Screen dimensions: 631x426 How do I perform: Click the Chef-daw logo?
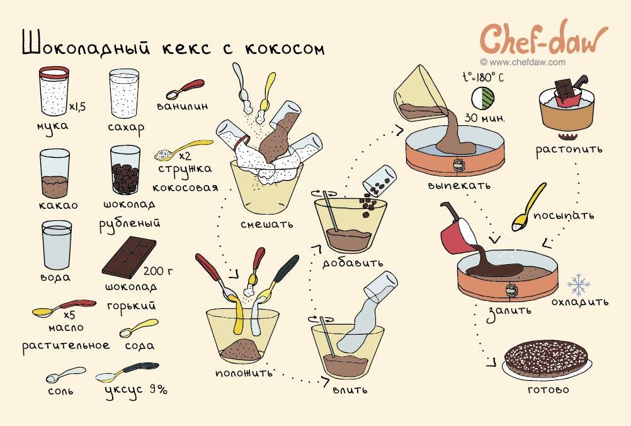coord(543,38)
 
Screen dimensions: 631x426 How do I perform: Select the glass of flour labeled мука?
coord(54,91)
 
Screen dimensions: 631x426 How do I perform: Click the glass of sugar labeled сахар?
coord(124,93)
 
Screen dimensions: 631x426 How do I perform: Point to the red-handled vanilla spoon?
coord(185,89)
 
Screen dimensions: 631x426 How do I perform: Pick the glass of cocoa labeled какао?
coord(55,174)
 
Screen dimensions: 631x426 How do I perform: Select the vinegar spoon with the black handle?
coord(127,372)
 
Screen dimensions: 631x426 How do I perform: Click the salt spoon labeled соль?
coord(65,374)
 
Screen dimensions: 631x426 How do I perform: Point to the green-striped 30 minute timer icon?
coord(482,98)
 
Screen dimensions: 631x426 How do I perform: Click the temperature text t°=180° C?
coord(482,77)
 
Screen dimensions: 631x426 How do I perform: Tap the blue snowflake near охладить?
coord(579,285)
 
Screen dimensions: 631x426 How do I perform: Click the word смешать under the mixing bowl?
coord(267,223)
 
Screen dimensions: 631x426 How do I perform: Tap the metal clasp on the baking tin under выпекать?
coord(458,164)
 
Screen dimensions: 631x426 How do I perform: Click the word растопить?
coord(569,150)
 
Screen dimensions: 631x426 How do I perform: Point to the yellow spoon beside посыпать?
coord(528,207)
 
